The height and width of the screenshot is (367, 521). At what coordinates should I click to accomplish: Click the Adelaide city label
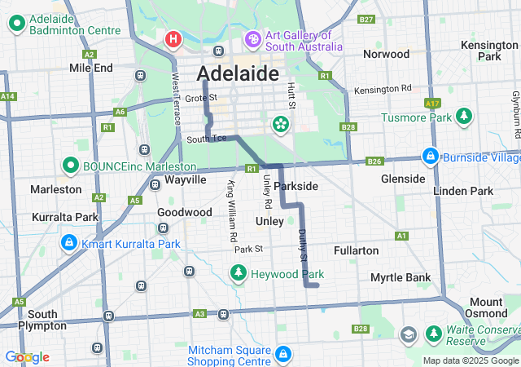point(238,74)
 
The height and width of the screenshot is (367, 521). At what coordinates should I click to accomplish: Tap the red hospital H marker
point(173,39)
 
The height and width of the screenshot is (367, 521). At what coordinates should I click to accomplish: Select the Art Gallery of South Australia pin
point(252,39)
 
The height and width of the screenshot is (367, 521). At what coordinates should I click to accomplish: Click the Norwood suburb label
point(386,54)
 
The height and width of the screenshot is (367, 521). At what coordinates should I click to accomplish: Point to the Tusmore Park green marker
point(464,117)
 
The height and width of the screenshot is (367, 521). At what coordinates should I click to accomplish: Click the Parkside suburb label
point(296,186)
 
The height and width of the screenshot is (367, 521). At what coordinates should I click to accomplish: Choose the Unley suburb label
point(269,221)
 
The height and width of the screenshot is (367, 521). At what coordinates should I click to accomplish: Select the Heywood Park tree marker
point(239,274)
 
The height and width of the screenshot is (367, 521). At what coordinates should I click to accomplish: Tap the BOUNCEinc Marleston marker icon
point(69,166)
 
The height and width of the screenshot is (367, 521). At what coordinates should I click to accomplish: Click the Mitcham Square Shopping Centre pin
point(282,355)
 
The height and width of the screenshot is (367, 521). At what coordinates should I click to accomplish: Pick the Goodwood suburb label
point(184,212)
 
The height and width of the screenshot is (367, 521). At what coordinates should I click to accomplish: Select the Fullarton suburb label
point(356,250)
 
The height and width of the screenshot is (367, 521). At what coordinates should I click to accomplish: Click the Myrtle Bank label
point(401,277)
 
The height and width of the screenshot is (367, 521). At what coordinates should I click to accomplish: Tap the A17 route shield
point(432,104)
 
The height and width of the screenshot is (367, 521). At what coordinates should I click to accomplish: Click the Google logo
point(27,357)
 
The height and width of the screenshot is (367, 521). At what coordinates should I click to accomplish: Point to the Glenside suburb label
point(403,179)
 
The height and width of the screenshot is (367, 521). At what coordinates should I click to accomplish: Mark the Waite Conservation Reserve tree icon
point(432,334)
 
